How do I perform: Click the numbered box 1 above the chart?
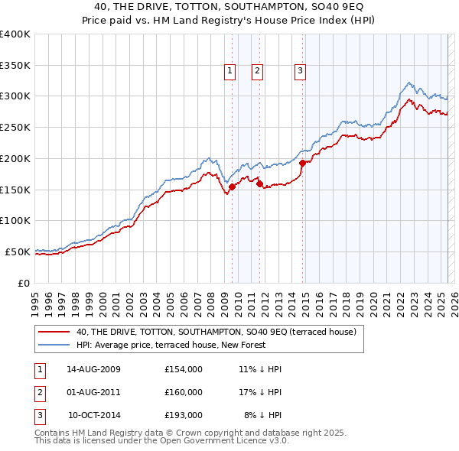229,71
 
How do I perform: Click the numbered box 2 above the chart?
257,71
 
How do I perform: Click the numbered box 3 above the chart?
300,71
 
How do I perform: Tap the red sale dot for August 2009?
232,187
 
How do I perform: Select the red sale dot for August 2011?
259,183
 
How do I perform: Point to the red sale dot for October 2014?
302,163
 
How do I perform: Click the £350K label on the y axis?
15,65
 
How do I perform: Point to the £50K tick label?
18,251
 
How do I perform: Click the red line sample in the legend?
54,333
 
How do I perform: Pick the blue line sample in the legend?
54,346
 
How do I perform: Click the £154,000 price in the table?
184,369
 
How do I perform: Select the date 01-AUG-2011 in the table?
94,392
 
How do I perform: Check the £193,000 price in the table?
184,415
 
